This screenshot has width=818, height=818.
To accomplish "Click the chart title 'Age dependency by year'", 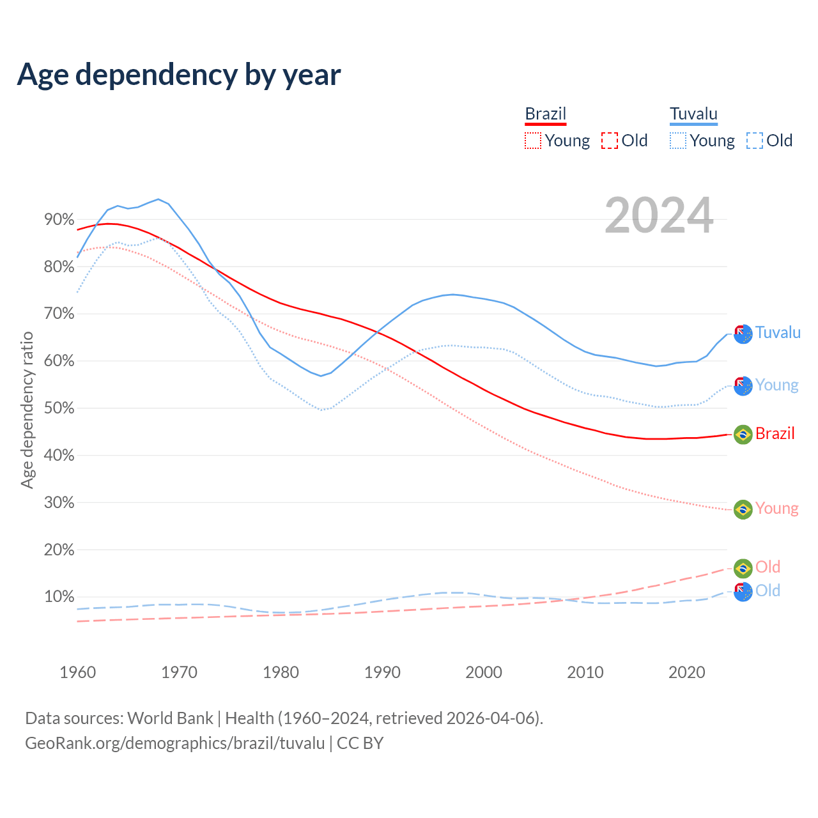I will [179, 75].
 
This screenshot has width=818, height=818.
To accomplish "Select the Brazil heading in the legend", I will [545, 114].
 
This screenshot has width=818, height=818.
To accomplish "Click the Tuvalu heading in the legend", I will [693, 114].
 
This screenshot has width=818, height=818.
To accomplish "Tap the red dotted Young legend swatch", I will [532, 141].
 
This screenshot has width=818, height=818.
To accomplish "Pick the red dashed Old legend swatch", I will [610, 141].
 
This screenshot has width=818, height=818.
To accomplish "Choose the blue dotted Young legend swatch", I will [678, 141].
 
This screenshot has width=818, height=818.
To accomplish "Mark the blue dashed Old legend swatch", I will [755, 141].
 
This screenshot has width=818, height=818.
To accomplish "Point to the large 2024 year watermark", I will [659, 216].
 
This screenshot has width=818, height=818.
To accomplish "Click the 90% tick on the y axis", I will [59, 220].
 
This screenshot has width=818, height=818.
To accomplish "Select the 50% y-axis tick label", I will [59, 408].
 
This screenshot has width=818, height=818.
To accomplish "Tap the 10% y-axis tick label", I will [59, 597].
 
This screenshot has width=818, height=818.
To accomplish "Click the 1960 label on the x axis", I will [77, 672].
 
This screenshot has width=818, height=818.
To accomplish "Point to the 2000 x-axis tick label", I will [484, 672].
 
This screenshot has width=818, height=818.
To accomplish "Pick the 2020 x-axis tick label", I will [687, 672].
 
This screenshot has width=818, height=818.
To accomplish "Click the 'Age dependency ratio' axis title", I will [27, 409].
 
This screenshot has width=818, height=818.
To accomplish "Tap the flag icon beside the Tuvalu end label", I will [743, 334].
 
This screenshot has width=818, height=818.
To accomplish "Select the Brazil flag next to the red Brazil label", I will [743, 435].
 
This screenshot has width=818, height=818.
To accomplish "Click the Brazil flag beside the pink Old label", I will [743, 567].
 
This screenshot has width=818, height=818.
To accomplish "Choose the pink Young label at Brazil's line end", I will [776, 509].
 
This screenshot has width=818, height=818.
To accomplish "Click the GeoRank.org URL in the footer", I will [175, 743].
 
